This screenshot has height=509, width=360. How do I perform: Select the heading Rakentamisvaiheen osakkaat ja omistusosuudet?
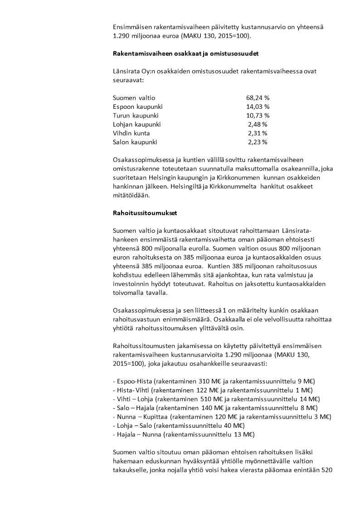pyautogui.click(x=185, y=54)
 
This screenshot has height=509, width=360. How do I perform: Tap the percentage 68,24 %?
pyautogui.click(x=258, y=98)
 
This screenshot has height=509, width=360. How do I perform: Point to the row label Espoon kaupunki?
pyautogui.click(x=137, y=107)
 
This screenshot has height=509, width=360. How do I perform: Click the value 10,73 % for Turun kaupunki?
pyautogui.click(x=258, y=115)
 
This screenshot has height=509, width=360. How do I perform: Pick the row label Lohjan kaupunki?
pyautogui.click(x=136, y=124)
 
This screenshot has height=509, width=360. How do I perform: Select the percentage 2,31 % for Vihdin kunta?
pyautogui.click(x=258, y=133)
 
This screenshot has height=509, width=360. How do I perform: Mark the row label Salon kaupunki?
pyautogui.click(x=135, y=142)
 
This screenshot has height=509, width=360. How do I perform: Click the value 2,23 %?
pyautogui.click(x=258, y=142)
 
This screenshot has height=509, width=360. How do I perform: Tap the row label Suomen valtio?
pyautogui.click(x=134, y=98)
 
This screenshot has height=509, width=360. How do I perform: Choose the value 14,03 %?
pyautogui.click(x=258, y=107)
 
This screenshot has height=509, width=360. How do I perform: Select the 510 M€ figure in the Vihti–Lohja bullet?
pyautogui.click(x=207, y=399)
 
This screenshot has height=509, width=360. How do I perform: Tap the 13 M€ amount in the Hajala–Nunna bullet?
pyautogui.click(x=243, y=435)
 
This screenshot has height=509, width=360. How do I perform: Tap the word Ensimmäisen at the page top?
pyautogui.click(x=133, y=27)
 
